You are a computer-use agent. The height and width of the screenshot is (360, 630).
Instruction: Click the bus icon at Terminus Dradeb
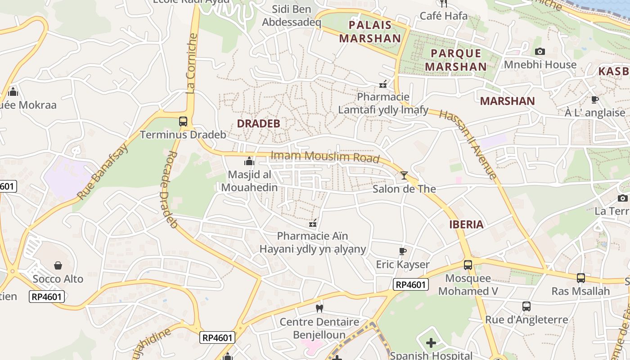(183, 121)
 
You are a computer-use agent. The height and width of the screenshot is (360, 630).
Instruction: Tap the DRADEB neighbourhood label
(258, 123)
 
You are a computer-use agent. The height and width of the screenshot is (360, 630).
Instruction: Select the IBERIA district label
(466, 225)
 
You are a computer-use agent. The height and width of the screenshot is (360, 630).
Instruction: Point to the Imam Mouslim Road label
(325, 157)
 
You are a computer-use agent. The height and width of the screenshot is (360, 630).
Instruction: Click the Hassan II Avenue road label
(468, 144)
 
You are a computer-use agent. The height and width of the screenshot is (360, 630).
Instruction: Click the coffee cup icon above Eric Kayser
(403, 251)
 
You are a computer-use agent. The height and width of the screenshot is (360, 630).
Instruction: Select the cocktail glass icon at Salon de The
(404, 175)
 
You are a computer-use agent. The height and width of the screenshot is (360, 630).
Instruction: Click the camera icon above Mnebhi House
(540, 51)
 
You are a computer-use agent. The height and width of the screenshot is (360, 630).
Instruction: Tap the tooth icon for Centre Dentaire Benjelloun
(319, 309)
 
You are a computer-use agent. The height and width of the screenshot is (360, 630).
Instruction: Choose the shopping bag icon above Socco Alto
(58, 265)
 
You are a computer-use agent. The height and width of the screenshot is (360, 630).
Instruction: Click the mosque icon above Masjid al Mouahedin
(249, 161)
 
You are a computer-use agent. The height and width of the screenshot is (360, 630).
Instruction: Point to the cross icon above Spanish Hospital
(431, 343)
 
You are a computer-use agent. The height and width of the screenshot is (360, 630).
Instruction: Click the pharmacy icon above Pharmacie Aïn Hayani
(313, 223)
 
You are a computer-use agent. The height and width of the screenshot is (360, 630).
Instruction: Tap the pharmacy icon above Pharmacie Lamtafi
(383, 83)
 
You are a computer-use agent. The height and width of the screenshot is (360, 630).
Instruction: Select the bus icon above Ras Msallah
(580, 278)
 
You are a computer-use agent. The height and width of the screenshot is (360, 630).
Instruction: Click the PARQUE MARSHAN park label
(456, 60)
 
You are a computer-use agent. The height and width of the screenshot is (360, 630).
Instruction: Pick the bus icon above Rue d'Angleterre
(526, 306)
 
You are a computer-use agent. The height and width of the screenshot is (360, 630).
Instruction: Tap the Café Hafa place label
(443, 16)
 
